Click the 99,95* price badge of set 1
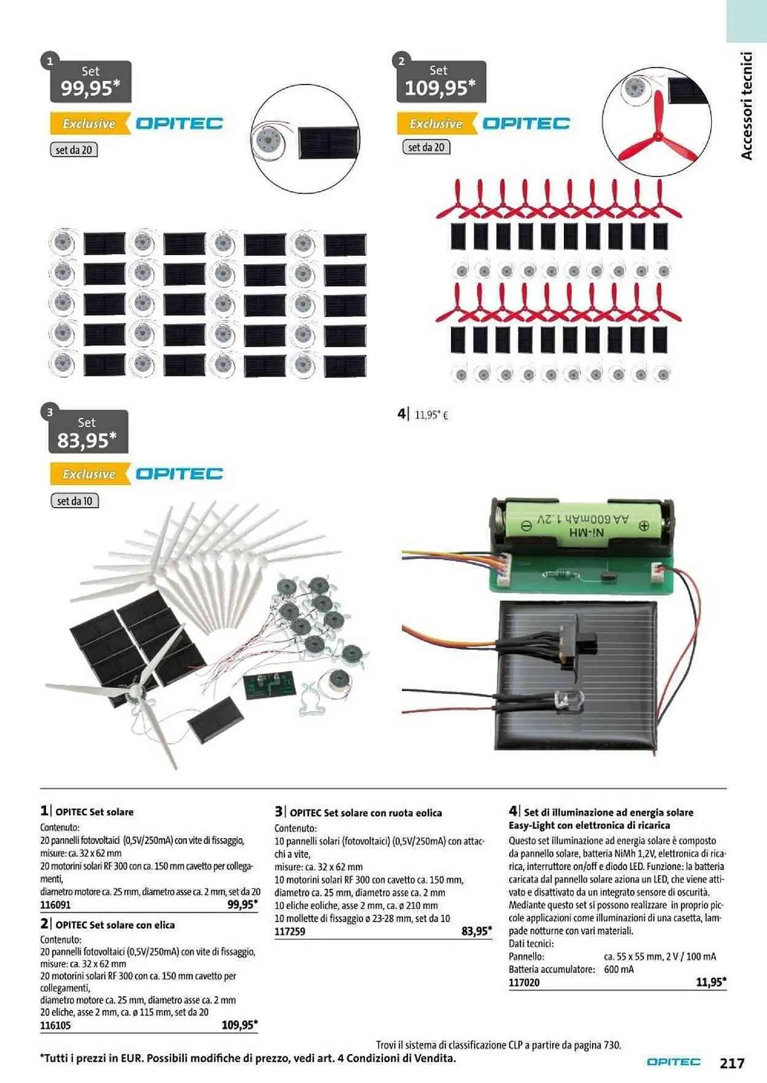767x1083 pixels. coord(90,82)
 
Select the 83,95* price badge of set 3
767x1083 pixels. coord(88,432)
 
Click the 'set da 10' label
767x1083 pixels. coord(75,501)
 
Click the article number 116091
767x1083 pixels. coord(55,904)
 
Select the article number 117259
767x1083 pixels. coord(290,931)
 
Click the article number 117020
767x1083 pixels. coord(524,982)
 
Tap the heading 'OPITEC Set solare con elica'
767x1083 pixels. coord(115,925)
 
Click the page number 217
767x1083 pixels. coord(732,1063)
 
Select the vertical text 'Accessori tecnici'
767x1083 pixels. coord(746,106)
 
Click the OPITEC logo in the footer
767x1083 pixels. coord(673,1062)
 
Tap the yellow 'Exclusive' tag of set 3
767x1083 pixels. coord(89,474)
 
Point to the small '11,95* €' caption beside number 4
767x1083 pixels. coord(431,415)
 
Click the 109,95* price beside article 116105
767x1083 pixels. coord(239,1025)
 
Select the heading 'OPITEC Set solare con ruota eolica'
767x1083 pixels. coord(366,813)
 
